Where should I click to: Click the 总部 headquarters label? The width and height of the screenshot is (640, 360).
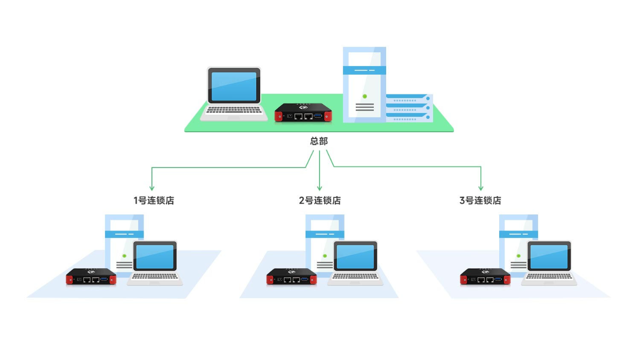tap(319, 141)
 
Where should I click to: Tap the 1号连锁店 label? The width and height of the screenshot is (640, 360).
tap(154, 201)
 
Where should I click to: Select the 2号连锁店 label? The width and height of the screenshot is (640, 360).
tap(319, 201)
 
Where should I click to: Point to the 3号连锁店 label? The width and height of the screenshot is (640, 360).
tap(481, 201)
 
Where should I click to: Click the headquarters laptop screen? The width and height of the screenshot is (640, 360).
tap(234, 86)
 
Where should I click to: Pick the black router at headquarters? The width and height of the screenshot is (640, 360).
tap(303, 113)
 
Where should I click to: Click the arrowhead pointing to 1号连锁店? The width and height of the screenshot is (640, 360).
tap(152, 188)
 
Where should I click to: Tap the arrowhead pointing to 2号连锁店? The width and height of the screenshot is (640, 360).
tap(319, 188)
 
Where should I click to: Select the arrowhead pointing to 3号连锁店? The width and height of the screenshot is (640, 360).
tap(481, 188)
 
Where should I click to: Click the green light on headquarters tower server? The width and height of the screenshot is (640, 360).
tap(365, 97)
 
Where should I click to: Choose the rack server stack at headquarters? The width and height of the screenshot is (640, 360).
tap(410, 108)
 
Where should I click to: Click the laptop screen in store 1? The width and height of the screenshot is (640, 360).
tap(155, 257)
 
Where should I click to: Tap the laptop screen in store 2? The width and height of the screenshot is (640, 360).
tap(355, 257)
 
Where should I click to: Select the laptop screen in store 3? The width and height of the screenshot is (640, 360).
tap(549, 257)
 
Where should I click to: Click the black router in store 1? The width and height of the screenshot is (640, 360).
tap(91, 276)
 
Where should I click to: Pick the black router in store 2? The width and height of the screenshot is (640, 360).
tap(292, 276)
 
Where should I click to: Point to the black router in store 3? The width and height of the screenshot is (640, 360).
tap(485, 276)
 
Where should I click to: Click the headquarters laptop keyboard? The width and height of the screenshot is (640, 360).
tap(234, 110)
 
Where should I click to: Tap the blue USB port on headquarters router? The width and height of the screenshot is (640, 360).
tap(318, 116)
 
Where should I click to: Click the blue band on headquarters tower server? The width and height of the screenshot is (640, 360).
tap(364, 70)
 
